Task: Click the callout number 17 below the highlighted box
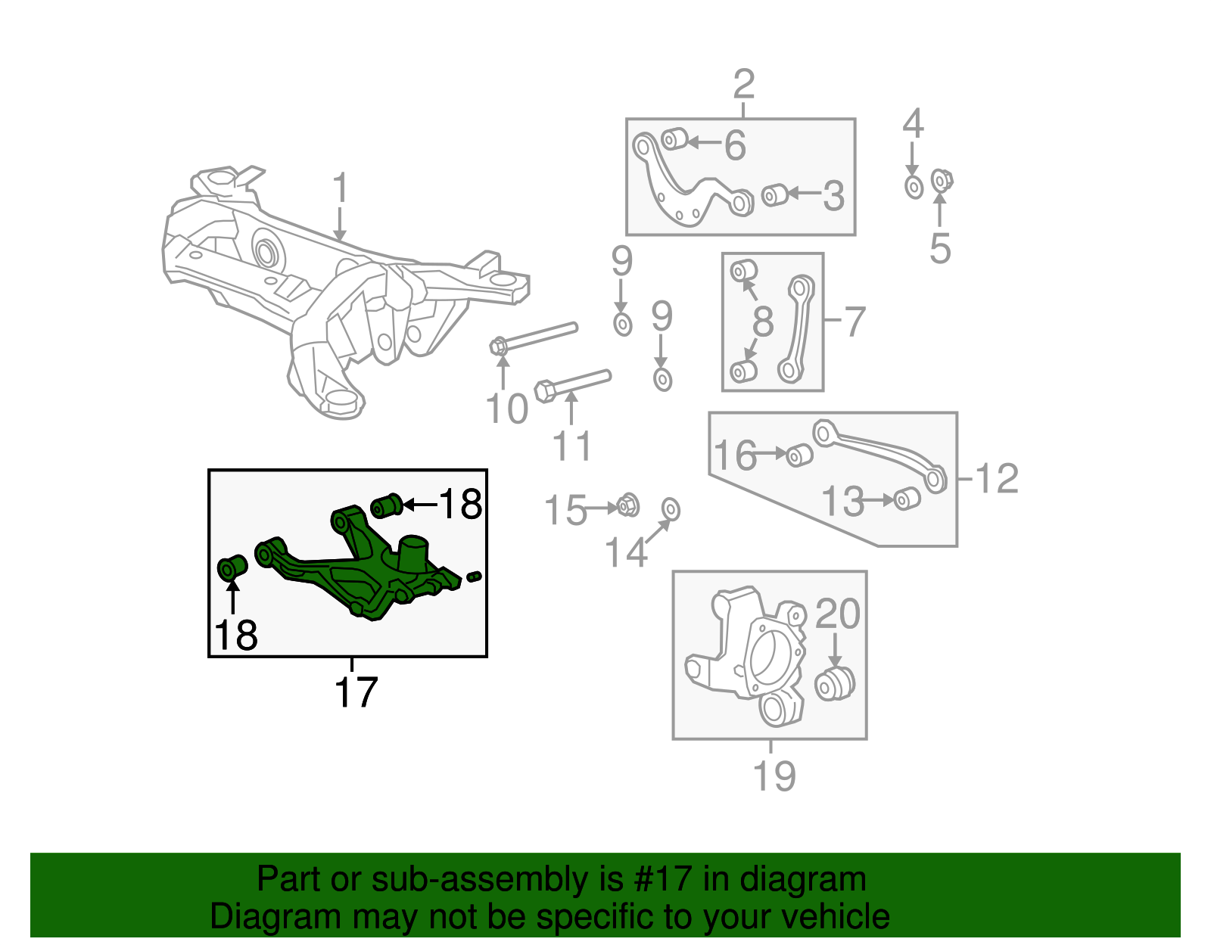pyautogui.click(x=356, y=692)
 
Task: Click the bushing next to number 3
pyautogui.click(x=774, y=195)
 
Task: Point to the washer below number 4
pyautogui.click(x=914, y=186)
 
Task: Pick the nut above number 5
pyautogui.click(x=941, y=180)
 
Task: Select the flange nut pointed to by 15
pyautogui.click(x=627, y=505)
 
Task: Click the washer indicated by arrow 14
pyautogui.click(x=671, y=510)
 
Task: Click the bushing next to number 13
pyautogui.click(x=907, y=499)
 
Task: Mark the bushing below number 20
pyautogui.click(x=834, y=683)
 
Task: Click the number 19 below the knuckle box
pyautogui.click(x=774, y=776)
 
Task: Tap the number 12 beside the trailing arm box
pyautogui.click(x=998, y=478)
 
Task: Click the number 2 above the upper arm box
pyautogui.click(x=743, y=84)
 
